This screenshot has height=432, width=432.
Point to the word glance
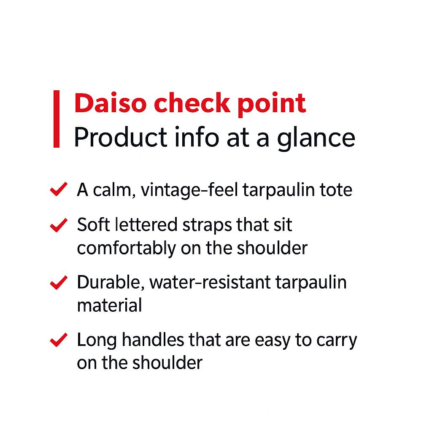coord(316,138)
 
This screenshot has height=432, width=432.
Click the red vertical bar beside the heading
coord(57,119)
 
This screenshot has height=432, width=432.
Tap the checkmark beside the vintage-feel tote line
coord(58,190)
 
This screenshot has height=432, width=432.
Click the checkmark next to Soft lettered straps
coord(58,225)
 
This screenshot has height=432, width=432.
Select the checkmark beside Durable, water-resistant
coord(58,283)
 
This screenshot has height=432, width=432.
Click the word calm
coord(113,190)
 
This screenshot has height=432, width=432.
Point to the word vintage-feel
coord(191,190)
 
